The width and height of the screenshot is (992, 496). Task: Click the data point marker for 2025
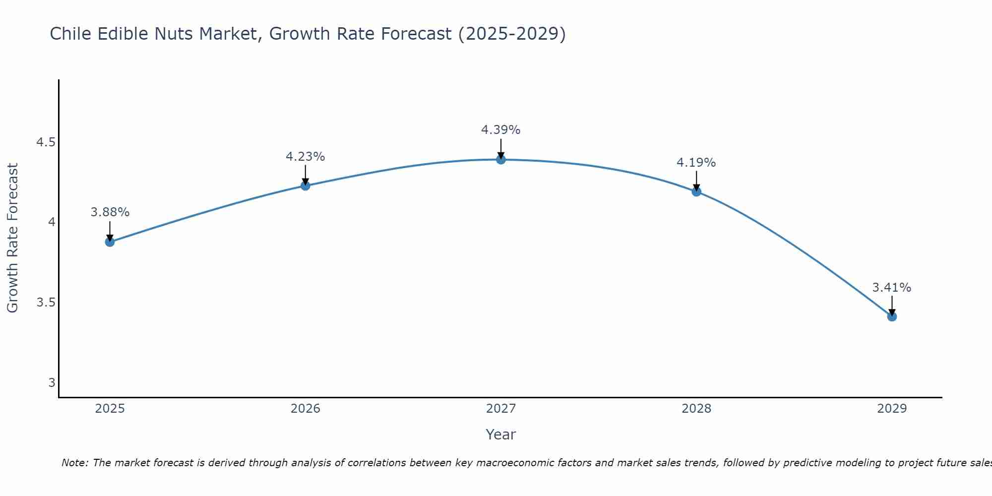(x=110, y=242)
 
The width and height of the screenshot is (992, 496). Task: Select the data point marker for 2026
(x=306, y=186)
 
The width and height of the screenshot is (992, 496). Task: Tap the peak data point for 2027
(x=501, y=159)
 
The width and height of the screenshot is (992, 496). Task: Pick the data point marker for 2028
(x=696, y=191)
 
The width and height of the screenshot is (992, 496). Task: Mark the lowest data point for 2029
(x=892, y=316)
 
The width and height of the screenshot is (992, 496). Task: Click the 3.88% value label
(x=110, y=212)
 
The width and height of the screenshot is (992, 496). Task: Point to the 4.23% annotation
(x=306, y=157)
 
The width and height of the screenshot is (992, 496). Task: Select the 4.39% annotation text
(x=501, y=130)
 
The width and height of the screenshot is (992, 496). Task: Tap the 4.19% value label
(x=696, y=163)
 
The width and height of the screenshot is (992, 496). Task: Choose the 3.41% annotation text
(x=892, y=288)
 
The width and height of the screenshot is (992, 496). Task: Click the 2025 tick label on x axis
(x=110, y=409)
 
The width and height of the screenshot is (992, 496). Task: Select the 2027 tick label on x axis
(x=501, y=409)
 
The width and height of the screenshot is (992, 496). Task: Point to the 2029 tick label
(x=892, y=409)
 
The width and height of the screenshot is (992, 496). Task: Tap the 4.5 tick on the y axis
(x=46, y=143)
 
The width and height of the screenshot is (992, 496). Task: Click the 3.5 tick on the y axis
(x=46, y=303)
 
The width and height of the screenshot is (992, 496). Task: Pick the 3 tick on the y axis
(x=52, y=382)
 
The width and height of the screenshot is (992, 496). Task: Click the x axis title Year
(x=501, y=434)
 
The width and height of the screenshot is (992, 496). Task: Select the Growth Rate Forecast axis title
(x=12, y=238)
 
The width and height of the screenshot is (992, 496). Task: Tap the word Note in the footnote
(x=74, y=463)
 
